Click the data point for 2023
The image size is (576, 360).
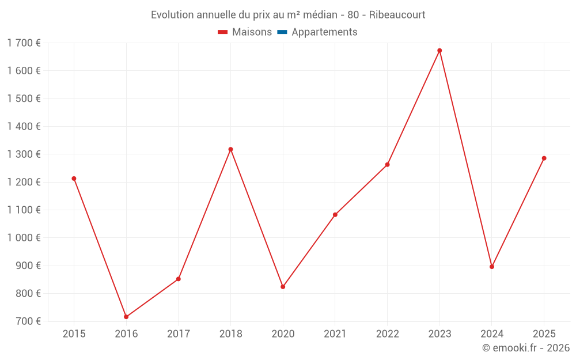pyautogui.click(x=439, y=51)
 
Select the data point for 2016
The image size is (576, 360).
pyautogui.click(x=126, y=317)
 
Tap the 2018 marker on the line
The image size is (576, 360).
pyautogui.click(x=230, y=149)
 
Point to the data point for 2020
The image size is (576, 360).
pyautogui.click(x=283, y=287)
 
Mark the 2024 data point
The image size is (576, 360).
pyautogui.click(x=492, y=267)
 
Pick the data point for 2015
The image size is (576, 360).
pyautogui.click(x=74, y=179)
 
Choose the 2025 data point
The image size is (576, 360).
pyautogui.click(x=544, y=158)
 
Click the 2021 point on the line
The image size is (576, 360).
pyautogui.click(x=335, y=215)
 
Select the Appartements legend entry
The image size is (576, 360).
pyautogui.click(x=324, y=32)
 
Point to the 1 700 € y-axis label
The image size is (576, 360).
pyautogui.click(x=24, y=43)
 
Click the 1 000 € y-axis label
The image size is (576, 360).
pyautogui.click(x=24, y=238)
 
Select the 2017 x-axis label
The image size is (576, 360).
pyautogui.click(x=178, y=334)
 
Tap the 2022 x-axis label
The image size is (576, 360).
pyautogui.click(x=387, y=334)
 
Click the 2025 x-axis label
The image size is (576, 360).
pyautogui.click(x=544, y=334)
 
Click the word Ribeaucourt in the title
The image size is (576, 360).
pyautogui.click(x=397, y=15)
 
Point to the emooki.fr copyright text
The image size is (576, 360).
pyautogui.click(x=526, y=348)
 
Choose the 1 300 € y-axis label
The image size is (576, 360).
pyautogui.click(x=24, y=154)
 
